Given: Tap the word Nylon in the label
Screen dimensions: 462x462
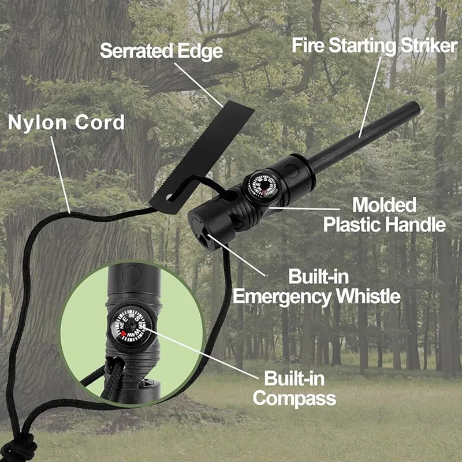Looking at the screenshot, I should tap(37, 123).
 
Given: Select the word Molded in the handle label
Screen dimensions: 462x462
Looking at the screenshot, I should tap(385, 204).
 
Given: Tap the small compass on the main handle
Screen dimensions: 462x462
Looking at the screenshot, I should tap(263, 187).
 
